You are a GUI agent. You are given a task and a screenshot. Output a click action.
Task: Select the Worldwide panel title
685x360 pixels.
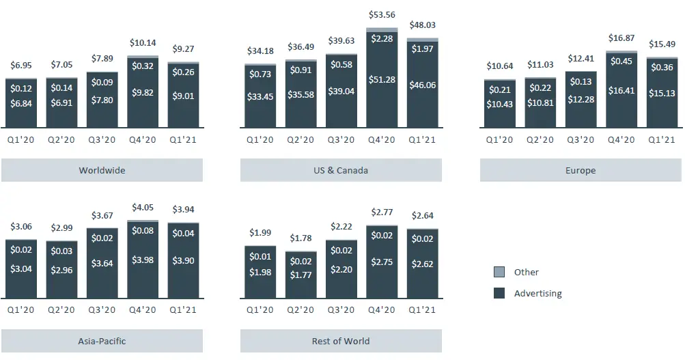pyautogui.click(x=102, y=170)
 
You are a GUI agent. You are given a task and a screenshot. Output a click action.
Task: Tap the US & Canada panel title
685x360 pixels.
pyautogui.click(x=341, y=170)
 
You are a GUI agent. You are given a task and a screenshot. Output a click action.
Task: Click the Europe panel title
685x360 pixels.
pyautogui.click(x=581, y=170)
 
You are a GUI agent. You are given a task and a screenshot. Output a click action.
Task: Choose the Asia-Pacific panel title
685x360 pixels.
pyautogui.click(x=102, y=341)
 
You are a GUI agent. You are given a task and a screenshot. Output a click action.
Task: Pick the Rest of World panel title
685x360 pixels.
pyautogui.click(x=341, y=341)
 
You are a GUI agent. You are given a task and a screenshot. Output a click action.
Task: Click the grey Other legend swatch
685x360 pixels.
pyautogui.click(x=499, y=272)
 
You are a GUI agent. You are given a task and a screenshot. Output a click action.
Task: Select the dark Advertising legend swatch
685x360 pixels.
pyautogui.click(x=499, y=294)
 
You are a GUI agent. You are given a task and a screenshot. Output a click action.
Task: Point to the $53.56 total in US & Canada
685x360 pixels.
pyautogui.click(x=382, y=15)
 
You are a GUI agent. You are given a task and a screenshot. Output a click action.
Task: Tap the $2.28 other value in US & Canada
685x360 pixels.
pyautogui.click(x=382, y=39)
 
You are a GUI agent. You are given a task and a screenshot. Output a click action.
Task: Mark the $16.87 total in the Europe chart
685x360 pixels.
pyautogui.click(x=621, y=38)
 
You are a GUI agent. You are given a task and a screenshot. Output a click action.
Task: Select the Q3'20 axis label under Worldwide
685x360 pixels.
pyautogui.click(x=102, y=139)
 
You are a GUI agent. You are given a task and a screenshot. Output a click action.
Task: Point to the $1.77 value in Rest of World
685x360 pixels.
pyautogui.click(x=301, y=275)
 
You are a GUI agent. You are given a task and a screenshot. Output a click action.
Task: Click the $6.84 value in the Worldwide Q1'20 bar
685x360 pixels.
pyautogui.click(x=21, y=102)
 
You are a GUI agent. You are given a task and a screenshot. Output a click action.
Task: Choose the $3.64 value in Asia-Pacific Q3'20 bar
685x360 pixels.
pyautogui.click(x=102, y=263)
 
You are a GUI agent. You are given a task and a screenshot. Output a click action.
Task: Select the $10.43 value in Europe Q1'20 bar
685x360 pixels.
pyautogui.click(x=500, y=102)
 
